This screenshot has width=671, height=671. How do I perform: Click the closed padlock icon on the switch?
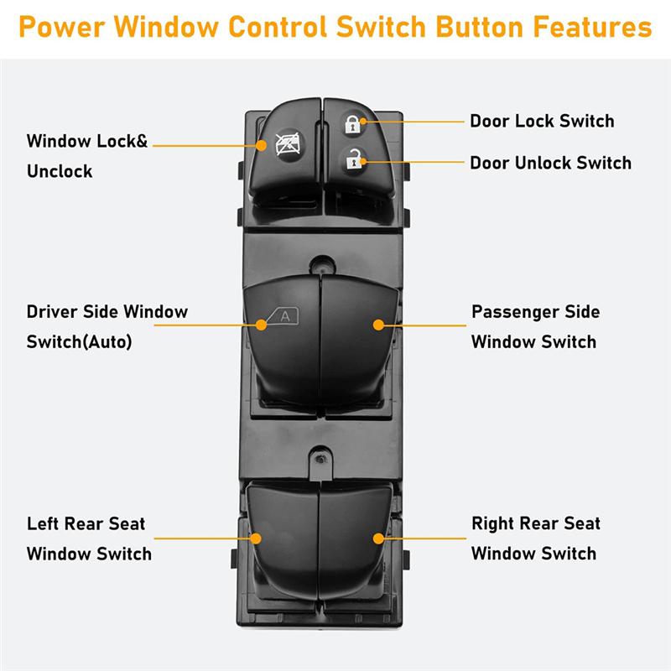pos(351,125)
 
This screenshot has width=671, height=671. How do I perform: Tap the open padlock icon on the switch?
pos(351,157)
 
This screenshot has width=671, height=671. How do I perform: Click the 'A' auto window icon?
pos(283,316)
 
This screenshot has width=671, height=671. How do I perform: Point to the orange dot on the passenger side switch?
pos(378,324)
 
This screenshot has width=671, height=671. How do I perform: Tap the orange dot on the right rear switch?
pos(378,537)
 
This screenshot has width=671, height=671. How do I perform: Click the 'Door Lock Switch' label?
pos(541,121)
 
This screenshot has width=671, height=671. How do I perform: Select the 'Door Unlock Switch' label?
pos(550,163)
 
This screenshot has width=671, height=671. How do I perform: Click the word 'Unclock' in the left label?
pos(60,171)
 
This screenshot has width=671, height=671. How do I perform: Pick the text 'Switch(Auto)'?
pos(80,342)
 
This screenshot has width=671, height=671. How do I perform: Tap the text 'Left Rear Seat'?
pos(86,524)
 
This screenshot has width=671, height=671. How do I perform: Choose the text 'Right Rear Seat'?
pos(535,524)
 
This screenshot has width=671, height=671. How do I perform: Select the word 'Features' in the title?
pos(586,27)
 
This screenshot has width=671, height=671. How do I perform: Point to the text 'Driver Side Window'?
pos(107,312)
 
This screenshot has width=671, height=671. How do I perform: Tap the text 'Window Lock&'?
pos(86,141)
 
